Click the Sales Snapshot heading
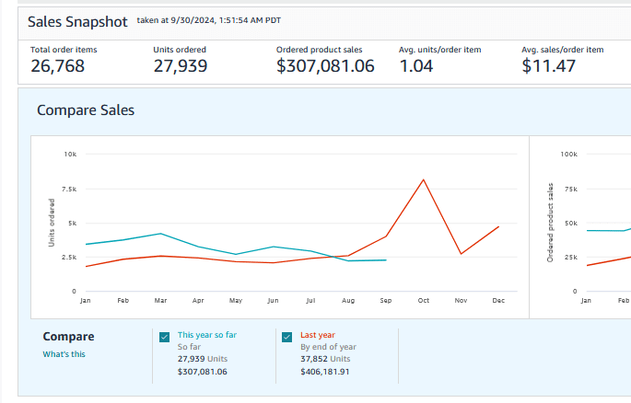click(x=76, y=20)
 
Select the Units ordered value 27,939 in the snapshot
click(x=180, y=65)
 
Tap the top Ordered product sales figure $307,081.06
click(x=325, y=65)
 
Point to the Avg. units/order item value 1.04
click(x=416, y=65)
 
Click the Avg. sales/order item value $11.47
click(x=550, y=65)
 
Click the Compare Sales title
click(x=86, y=110)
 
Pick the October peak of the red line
click(x=423, y=179)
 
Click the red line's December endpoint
click(x=498, y=226)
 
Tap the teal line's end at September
click(x=385, y=260)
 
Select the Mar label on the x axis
click(x=160, y=301)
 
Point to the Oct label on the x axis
click(x=423, y=301)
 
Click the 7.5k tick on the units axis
click(x=70, y=189)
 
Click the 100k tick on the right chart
click(x=568, y=154)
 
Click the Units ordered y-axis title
click(x=53, y=223)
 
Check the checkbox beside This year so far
click(x=164, y=337)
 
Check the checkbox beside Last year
click(x=286, y=337)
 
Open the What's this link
click(x=64, y=354)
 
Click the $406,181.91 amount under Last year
click(x=325, y=372)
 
